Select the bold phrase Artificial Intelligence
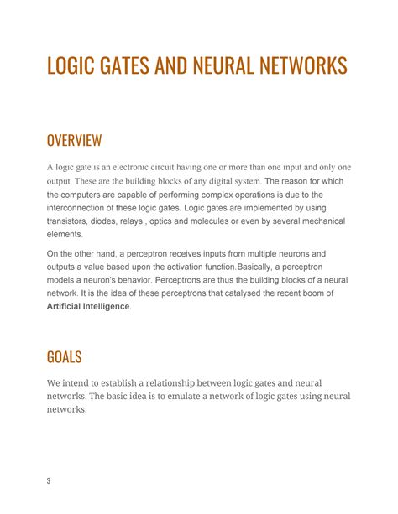[x=88, y=307]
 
